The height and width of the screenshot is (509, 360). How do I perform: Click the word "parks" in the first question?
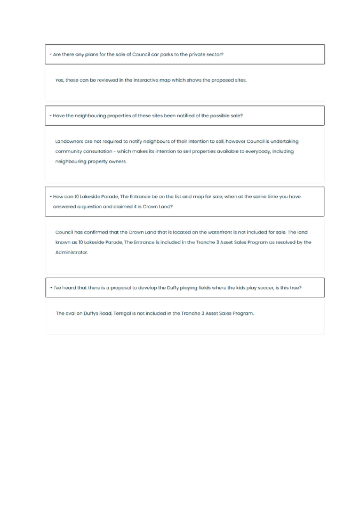tap(166, 54)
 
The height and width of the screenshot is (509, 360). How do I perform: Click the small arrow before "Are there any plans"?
tap(50, 54)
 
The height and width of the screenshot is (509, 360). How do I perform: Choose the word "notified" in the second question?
tap(185, 116)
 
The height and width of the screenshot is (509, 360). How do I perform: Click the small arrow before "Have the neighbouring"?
tap(50, 116)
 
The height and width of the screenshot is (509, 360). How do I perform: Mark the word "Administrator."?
tap(71, 252)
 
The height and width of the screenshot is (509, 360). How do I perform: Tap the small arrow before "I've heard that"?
tap(51, 288)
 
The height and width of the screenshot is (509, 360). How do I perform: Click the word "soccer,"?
tap(265, 288)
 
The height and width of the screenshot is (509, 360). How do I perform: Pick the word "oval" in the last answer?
tap(70, 313)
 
